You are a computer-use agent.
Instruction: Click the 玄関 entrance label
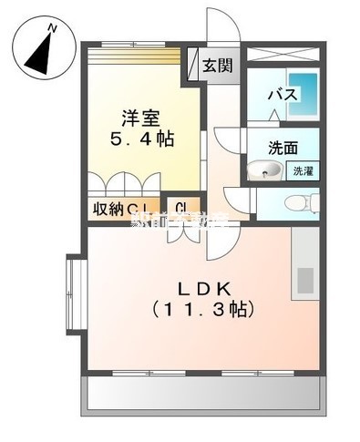[217, 67]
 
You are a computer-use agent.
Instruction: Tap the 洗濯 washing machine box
[301, 170]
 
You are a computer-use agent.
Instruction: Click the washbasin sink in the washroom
[265, 169]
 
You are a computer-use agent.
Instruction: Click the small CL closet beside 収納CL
[180, 209]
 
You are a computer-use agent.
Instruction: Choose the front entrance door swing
[223, 27]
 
